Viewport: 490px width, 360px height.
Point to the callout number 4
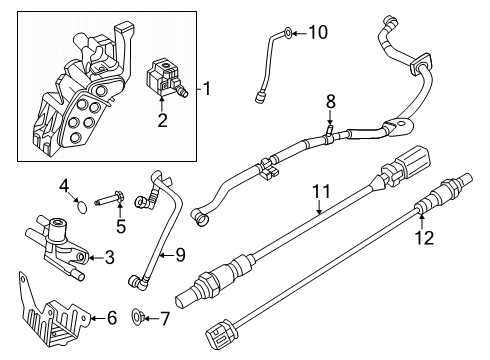point(63,184)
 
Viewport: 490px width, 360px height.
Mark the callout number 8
point(331,101)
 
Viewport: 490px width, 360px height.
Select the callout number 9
point(181,255)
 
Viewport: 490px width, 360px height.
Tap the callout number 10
point(317,33)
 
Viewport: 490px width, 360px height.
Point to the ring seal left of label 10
point(286,34)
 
